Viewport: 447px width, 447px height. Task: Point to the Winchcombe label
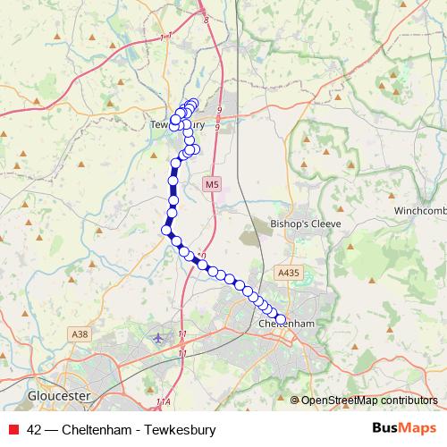pyautogui.click(x=420, y=211)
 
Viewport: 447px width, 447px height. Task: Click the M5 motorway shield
pyautogui.click(x=211, y=185)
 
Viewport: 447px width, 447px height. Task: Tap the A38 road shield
pyautogui.click(x=80, y=334)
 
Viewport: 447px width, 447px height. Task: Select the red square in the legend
pyautogui.click(x=13, y=429)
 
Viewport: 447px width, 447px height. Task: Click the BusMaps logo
pyautogui.click(x=405, y=428)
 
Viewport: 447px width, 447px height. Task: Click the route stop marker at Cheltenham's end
pyautogui.click(x=280, y=319)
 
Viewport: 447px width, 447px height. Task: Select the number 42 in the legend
pyautogui.click(x=35, y=429)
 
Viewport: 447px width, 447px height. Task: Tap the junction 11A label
pyautogui.click(x=163, y=403)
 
